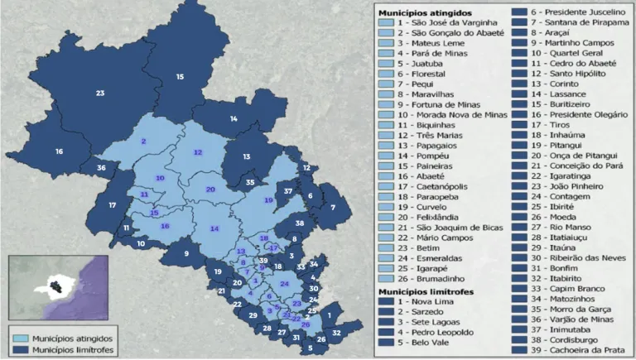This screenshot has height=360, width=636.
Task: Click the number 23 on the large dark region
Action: (x=100, y=93)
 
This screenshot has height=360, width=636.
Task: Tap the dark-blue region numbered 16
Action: (x=59, y=151)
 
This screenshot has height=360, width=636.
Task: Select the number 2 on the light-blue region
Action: (x=144, y=142)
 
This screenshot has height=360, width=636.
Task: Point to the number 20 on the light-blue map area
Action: (x=210, y=190)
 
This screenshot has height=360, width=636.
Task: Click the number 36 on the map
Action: (x=101, y=168)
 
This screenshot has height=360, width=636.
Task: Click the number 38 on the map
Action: (x=300, y=223)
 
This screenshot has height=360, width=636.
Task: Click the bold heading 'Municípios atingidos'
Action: (x=425, y=13)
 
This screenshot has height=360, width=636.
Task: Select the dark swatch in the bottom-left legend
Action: (x=20, y=350)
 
